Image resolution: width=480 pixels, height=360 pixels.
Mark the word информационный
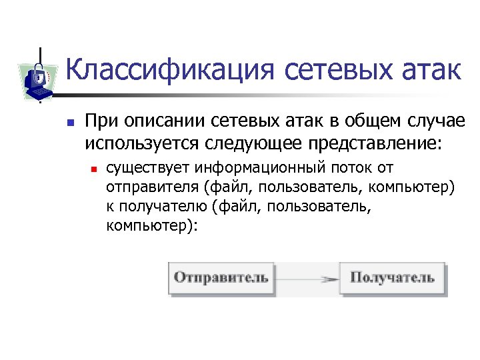(269, 167)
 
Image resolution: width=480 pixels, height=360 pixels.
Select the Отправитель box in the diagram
(221, 277)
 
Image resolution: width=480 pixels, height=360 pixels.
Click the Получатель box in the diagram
(393, 277)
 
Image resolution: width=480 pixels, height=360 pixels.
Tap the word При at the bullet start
(101, 122)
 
